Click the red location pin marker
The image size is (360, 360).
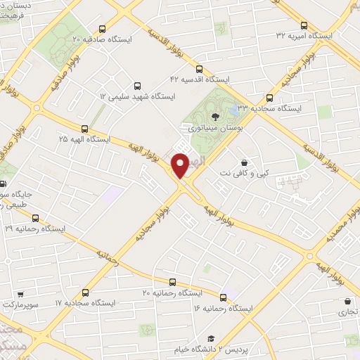[x=181, y=164]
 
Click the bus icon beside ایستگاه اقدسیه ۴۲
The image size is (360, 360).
[x=199, y=69]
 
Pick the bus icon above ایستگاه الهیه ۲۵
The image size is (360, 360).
[x=85, y=128]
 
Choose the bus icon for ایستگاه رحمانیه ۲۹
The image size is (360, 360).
[x=35, y=218]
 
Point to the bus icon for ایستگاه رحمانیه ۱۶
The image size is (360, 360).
[x=224, y=297]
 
